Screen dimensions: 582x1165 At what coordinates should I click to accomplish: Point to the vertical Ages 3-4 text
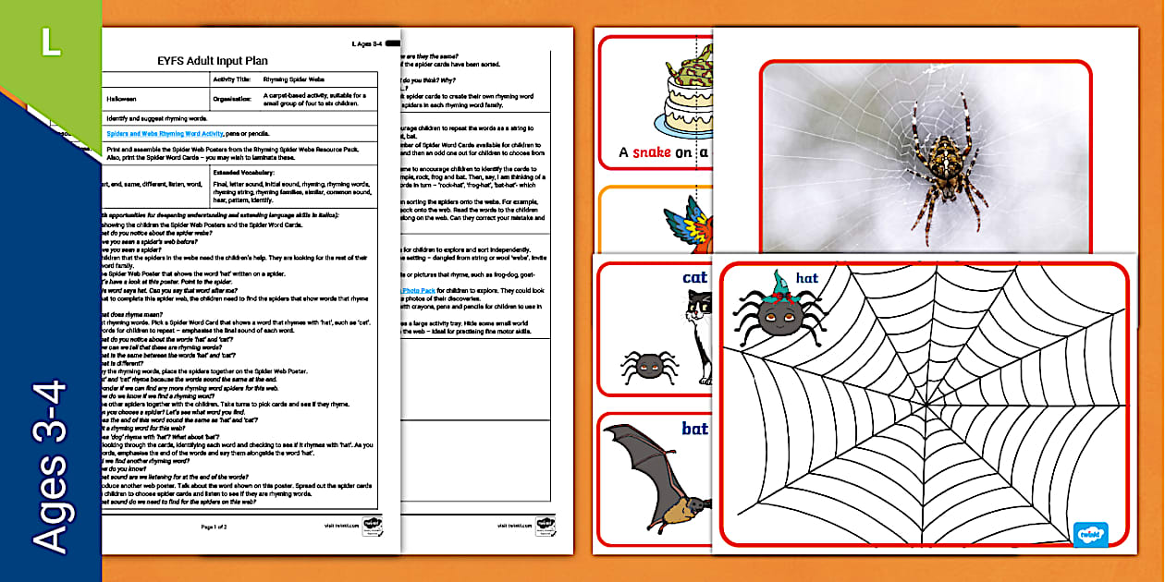[x=51, y=467]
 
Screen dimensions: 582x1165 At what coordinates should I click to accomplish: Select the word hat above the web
[x=806, y=278]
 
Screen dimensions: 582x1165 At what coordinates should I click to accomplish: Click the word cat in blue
[x=694, y=278]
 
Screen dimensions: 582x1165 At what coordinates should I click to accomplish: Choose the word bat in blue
[x=694, y=429]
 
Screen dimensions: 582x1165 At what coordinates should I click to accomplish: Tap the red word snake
[x=652, y=152]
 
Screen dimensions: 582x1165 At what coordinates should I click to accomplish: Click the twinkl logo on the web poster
[x=1091, y=534]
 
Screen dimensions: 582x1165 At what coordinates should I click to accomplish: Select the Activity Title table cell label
[x=233, y=79]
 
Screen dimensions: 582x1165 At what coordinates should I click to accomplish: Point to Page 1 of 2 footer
[x=215, y=526]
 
